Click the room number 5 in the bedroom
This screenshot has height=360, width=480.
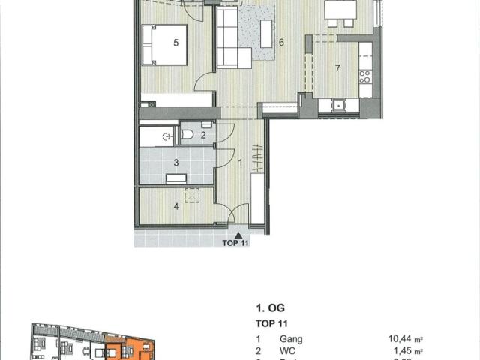[x=175, y=43]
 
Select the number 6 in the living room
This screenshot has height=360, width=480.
[x=281, y=43]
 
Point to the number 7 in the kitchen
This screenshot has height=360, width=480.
[x=337, y=69]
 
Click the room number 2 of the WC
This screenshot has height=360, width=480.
[x=202, y=135]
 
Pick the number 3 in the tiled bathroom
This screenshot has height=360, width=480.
[x=176, y=162]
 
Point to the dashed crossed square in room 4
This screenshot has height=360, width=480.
[x=190, y=194]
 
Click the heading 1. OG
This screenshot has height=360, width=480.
[x=269, y=308]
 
